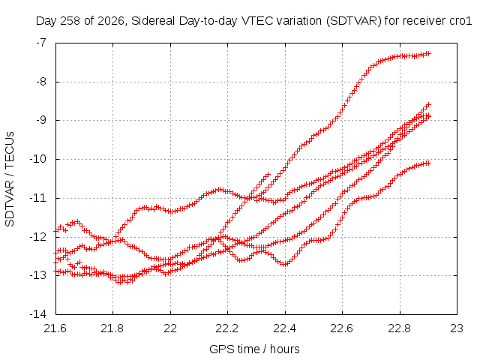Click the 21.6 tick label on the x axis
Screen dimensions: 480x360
(x=55, y=328)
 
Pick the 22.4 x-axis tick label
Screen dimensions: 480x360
(x=285, y=328)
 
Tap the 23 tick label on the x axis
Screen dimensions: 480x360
(x=457, y=328)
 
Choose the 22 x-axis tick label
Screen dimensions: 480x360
(x=170, y=328)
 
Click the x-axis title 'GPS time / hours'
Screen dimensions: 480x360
(x=254, y=349)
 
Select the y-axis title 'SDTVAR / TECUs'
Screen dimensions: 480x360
(x=10, y=179)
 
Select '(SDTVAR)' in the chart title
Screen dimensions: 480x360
(x=353, y=21)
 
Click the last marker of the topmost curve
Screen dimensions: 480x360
(x=428, y=53)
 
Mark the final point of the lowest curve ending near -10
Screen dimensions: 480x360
(x=428, y=163)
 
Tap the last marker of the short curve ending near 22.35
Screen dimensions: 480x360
(x=268, y=174)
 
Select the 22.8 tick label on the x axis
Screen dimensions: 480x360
(x=400, y=328)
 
